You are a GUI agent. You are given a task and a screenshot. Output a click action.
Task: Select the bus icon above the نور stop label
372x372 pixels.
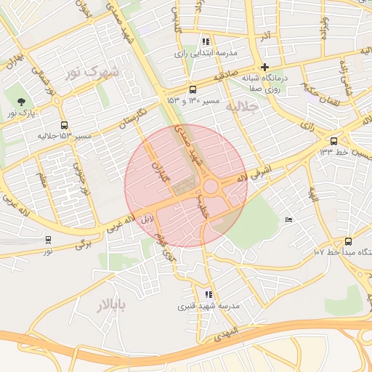pos(48,239)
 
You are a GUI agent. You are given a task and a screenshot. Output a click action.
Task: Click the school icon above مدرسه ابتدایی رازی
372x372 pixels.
pos(206,42)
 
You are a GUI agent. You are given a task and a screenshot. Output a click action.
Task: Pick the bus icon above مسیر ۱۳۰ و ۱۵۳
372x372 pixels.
pos(192,89)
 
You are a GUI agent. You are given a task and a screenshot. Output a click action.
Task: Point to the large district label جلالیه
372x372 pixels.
pos(242,106)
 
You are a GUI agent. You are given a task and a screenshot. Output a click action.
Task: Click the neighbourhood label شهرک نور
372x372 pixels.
pos(92,72)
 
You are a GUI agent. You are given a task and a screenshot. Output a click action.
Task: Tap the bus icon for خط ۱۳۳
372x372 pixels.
pos(333,141)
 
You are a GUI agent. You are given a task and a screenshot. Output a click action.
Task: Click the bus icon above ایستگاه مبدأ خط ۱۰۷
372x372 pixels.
pos(348,241)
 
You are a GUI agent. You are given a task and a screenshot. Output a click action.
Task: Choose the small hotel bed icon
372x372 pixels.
pos(288,220)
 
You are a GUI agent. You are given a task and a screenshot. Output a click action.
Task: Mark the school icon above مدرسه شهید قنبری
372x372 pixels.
pos(209,294)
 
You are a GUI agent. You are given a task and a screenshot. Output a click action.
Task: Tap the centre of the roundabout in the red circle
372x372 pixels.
pos(211,187)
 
